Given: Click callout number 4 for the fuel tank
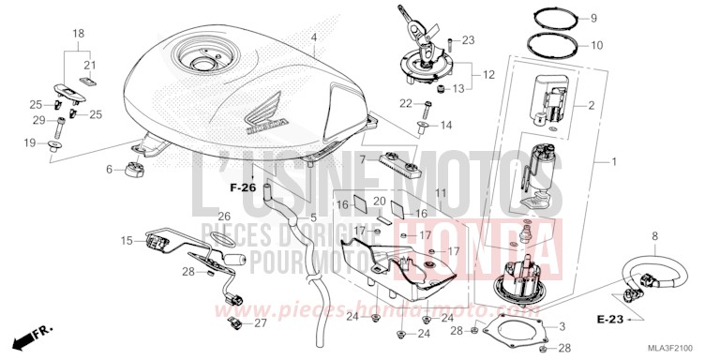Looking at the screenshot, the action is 314,38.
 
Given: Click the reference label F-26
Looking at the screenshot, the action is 244,187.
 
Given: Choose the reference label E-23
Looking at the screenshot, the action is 610,320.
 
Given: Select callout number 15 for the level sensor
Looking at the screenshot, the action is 127,241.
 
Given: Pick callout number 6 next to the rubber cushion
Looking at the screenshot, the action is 109,169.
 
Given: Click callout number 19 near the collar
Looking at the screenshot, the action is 29,142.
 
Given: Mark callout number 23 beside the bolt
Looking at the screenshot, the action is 469,39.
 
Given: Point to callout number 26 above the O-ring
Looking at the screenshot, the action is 224,217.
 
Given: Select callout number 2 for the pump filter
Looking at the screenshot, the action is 591,106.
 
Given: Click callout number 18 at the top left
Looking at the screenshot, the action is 79,33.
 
